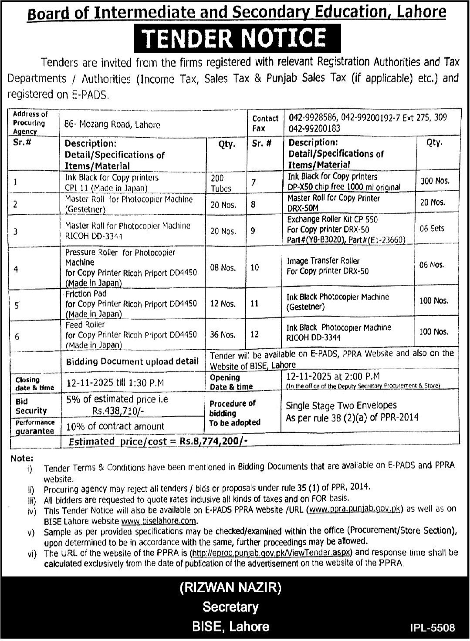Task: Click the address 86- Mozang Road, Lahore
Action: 112,125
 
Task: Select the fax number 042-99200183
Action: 314,128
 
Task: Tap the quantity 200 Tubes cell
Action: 221,183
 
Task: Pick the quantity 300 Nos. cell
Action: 434,180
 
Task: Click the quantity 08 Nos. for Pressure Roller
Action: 223,267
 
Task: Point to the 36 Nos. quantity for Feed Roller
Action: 223,334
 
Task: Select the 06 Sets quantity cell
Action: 432,228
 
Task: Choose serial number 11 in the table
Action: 254,303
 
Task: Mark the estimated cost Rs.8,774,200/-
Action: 213,441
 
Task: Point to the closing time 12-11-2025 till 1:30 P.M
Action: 115,383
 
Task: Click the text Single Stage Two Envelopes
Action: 341,405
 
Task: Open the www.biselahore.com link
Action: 159,521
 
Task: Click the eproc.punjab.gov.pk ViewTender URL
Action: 272,552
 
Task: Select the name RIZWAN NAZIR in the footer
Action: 230,588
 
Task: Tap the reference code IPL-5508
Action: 432,628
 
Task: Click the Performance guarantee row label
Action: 35,426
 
